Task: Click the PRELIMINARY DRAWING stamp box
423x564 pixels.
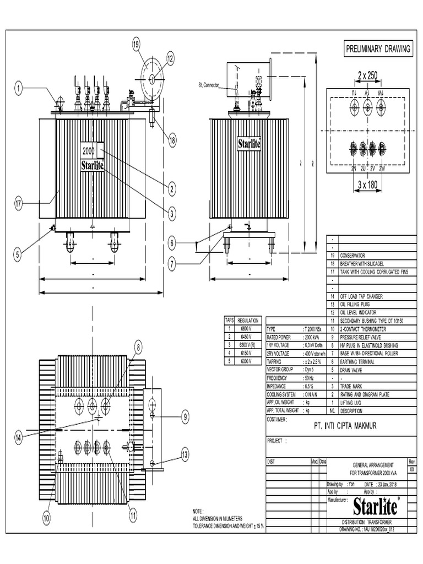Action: [378, 48]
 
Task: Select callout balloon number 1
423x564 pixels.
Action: [19, 88]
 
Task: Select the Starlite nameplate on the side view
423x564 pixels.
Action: [249, 144]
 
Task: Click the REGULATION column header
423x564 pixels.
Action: [248, 320]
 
